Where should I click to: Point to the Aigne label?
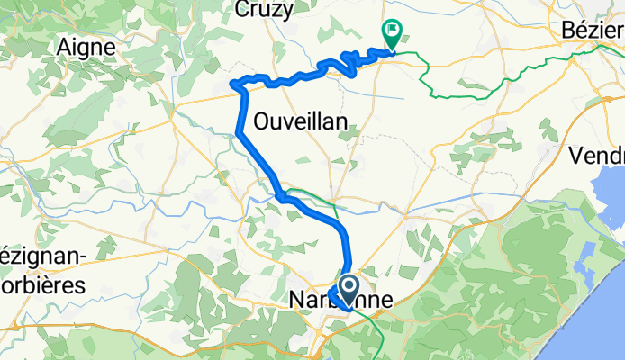[x=86, y=46]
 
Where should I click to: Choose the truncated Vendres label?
[x=597, y=155]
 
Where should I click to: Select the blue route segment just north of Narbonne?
[x=348, y=247]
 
